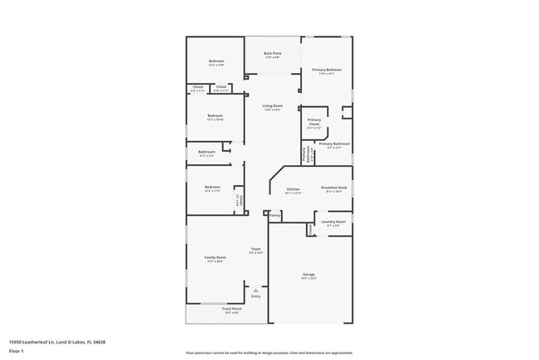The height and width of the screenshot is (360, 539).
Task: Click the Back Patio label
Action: pyautogui.click(x=272, y=54)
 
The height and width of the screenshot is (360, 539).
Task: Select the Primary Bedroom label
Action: pyautogui.click(x=328, y=70)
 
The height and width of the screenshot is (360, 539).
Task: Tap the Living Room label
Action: pyautogui.click(x=273, y=106)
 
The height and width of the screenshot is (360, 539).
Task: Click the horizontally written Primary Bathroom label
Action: pyautogui.click(x=334, y=144)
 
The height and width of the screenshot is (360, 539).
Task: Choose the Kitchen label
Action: pyautogui.click(x=293, y=189)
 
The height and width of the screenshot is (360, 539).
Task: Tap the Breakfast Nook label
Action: pyautogui.click(x=334, y=187)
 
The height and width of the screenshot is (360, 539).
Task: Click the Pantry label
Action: pyautogui.click(x=275, y=215)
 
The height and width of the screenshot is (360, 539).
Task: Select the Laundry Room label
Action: pyautogui.click(x=333, y=221)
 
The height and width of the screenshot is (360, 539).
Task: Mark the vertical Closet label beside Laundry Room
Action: pyautogui.click(x=311, y=228)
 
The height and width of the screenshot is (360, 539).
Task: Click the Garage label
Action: pyautogui.click(x=308, y=275)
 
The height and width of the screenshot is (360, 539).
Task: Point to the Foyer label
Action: pyautogui.click(x=257, y=249)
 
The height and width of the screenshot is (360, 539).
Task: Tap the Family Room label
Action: pyautogui.click(x=215, y=258)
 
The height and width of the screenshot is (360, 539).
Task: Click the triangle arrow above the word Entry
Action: pyautogui.click(x=255, y=290)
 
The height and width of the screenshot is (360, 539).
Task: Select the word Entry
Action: pyautogui.click(x=255, y=296)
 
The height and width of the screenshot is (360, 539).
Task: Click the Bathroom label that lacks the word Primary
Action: pyautogui.click(x=207, y=152)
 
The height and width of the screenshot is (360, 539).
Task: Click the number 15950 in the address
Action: pyautogui.click(x=15, y=341)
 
